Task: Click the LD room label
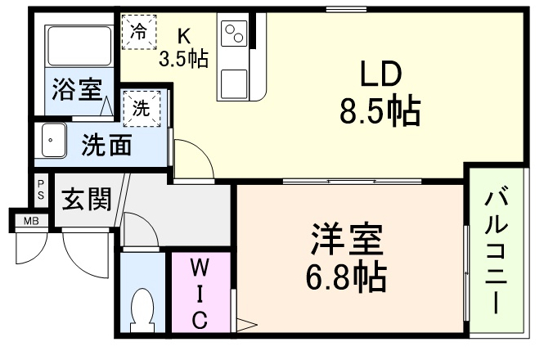pyautogui.click(x=380, y=75)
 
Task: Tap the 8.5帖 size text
pyautogui.click(x=380, y=110)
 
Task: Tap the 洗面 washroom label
pyautogui.click(x=106, y=146)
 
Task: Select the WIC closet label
pyautogui.click(x=199, y=292)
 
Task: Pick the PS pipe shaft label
pyautogui.click(x=40, y=190)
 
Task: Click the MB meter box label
pyautogui.click(x=30, y=220)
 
